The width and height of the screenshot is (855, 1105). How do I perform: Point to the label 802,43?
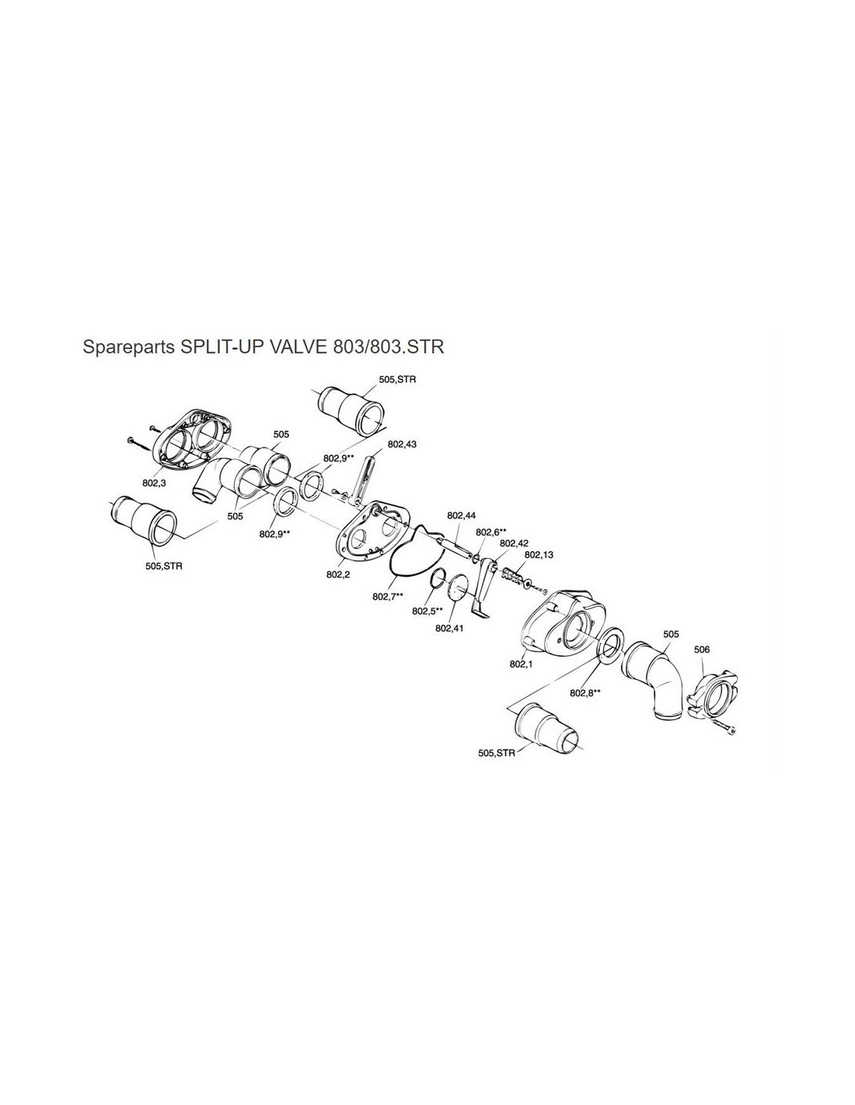402,444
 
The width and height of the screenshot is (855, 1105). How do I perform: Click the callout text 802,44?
462,515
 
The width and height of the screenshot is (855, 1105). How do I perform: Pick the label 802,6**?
490,532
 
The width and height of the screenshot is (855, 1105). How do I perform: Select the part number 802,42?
514,544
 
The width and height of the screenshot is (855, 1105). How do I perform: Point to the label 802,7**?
388,597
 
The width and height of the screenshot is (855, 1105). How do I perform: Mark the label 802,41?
449,628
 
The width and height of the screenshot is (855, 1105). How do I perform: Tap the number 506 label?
701,650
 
